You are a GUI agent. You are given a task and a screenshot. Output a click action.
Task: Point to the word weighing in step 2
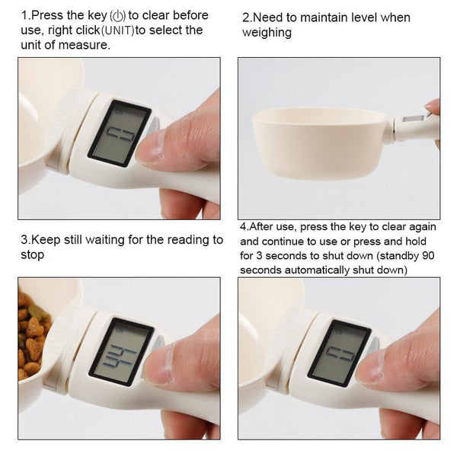click(267, 32)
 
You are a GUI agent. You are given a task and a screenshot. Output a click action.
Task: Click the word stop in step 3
click(33, 254)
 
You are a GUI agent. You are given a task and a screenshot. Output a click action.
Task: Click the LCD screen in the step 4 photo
click(339, 353)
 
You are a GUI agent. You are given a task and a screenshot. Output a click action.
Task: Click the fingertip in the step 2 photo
click(433, 106)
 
